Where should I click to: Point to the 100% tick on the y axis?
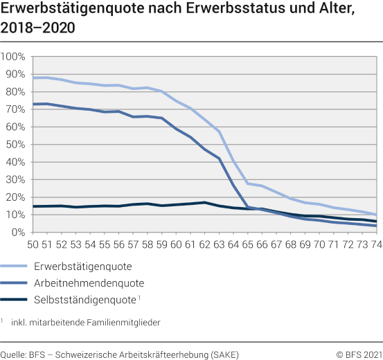tap(15, 56)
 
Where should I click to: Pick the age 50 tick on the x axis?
tap(33, 244)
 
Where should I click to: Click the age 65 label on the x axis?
tap(248, 244)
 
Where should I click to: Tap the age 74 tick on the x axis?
tap(376, 244)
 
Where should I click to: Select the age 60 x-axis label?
tap(176, 244)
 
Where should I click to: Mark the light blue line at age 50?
tap(33, 78)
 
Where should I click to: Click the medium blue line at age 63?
tap(219, 159)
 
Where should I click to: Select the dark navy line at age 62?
tap(204, 202)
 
